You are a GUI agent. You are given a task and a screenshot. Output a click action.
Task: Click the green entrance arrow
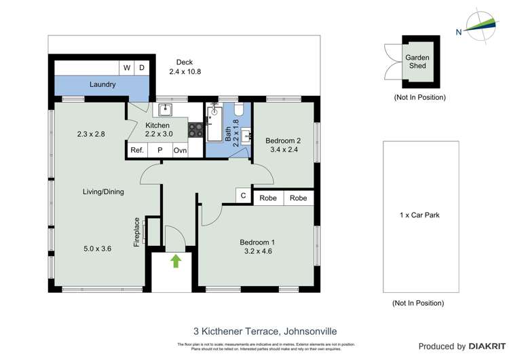(x=176, y=261)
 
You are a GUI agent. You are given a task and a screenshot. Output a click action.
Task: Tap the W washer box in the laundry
(x=127, y=68)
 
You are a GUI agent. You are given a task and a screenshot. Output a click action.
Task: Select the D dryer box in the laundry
(x=142, y=68)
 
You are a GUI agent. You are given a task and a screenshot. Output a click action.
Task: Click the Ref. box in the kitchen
(x=137, y=150)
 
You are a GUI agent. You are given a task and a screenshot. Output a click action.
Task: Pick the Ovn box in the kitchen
(x=180, y=150)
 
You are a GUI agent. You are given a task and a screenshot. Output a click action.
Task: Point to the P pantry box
(x=159, y=150)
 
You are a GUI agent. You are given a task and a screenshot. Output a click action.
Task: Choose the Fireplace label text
(x=136, y=232)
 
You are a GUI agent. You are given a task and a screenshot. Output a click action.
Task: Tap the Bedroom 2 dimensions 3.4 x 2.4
(x=283, y=151)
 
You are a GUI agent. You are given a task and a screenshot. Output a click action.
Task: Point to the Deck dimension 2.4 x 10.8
(x=185, y=72)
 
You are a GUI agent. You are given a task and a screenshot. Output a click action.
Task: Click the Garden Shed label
(x=417, y=62)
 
